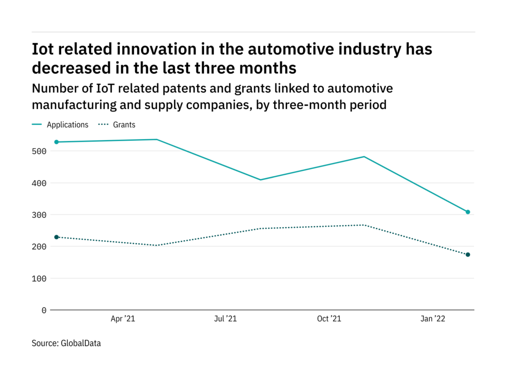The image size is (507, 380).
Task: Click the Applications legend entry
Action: pyautogui.click(x=67, y=125)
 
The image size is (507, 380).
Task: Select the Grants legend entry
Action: pyautogui.click(x=125, y=125)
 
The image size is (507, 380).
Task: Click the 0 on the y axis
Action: pyautogui.click(x=44, y=310)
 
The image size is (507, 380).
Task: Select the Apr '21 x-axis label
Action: pyautogui.click(x=123, y=319)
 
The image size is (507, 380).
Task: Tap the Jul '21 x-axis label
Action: pyautogui.click(x=226, y=319)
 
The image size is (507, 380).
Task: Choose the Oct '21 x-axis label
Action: pyautogui.click(x=329, y=319)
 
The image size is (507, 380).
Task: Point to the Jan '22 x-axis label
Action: pyautogui.click(x=433, y=319)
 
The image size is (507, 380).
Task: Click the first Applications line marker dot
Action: pyautogui.click(x=57, y=142)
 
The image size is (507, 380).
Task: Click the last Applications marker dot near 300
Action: pyautogui.click(x=467, y=212)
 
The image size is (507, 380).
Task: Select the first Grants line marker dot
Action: pyautogui.click(x=57, y=237)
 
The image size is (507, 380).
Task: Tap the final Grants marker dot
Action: pyautogui.click(x=467, y=254)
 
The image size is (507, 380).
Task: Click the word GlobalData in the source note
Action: pyautogui.click(x=81, y=343)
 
